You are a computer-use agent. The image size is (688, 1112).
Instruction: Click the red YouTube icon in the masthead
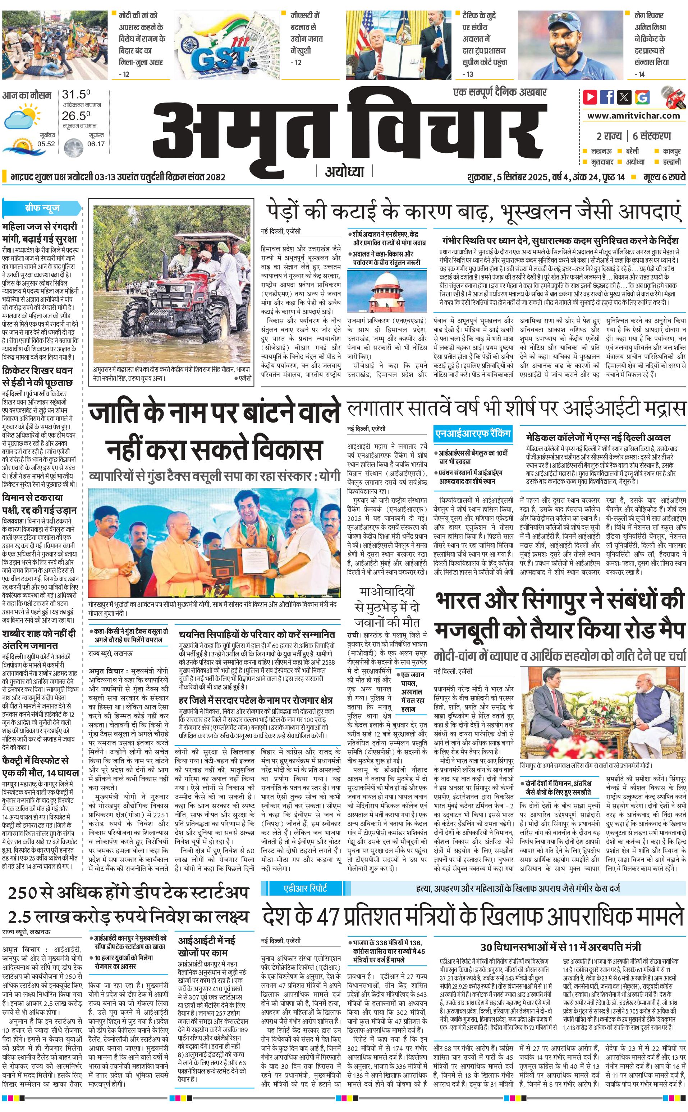pos(590,97)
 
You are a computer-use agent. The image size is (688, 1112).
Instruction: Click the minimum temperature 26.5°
pos(76,116)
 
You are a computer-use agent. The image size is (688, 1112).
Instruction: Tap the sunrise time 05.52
pos(46,144)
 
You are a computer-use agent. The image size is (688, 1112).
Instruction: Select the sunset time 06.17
pos(96,144)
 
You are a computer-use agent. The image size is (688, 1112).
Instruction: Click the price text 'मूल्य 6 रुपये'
pos(664,177)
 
